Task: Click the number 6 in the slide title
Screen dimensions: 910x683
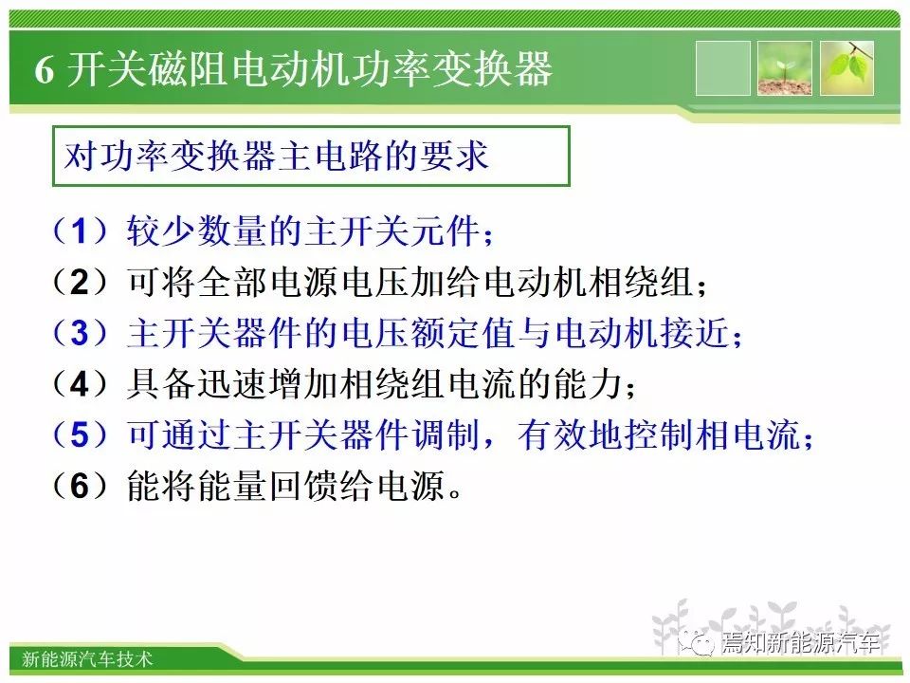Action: click(x=45, y=70)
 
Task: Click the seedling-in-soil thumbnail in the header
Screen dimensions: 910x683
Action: click(x=784, y=68)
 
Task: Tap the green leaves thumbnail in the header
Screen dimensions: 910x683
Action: click(x=846, y=68)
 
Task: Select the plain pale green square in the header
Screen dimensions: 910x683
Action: click(x=722, y=68)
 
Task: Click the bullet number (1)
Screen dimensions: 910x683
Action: click(x=81, y=231)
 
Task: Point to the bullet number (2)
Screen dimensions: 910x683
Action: click(x=81, y=282)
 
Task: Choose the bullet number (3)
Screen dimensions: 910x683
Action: click(x=81, y=333)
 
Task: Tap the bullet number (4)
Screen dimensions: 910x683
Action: click(x=81, y=384)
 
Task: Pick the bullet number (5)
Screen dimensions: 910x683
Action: click(x=81, y=434)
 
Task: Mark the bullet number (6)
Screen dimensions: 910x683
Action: click(x=81, y=486)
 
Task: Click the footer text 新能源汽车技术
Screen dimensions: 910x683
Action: click(x=87, y=659)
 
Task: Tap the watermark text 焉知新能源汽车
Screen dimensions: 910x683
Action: click(x=800, y=642)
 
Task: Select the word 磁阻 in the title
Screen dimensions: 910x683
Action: click(x=187, y=69)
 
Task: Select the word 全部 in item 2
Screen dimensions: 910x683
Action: click(x=233, y=283)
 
